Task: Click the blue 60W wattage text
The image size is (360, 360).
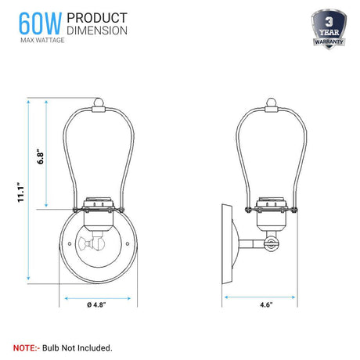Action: (40, 23)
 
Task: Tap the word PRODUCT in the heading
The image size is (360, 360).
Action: (97, 18)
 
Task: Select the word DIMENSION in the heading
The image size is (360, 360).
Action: (97, 31)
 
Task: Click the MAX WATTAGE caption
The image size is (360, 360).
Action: (42, 40)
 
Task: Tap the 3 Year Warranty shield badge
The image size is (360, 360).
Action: (329, 29)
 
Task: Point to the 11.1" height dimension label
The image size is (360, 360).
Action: (20, 193)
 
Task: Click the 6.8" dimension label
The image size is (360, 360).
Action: (40, 157)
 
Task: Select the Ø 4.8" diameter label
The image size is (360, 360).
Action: (96, 304)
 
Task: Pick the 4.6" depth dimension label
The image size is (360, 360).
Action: (266, 304)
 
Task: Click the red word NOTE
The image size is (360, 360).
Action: (25, 347)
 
